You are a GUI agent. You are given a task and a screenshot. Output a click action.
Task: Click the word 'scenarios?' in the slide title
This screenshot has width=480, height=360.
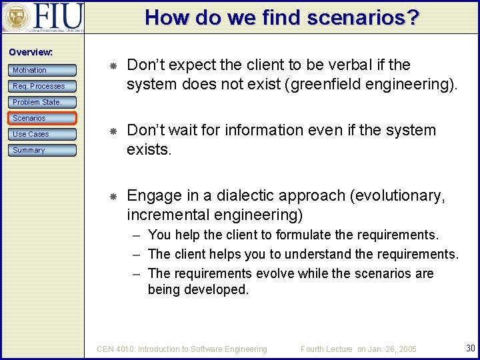tap(363, 17)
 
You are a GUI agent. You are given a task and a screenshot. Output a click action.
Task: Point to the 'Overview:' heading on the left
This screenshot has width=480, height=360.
tap(31, 52)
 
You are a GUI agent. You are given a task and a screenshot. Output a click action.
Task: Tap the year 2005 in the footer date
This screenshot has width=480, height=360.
tap(405, 349)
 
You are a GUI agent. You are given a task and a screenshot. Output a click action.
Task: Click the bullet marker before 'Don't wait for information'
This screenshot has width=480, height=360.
tap(113, 131)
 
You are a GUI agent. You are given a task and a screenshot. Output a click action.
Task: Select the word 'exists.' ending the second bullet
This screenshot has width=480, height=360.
tap(149, 150)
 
